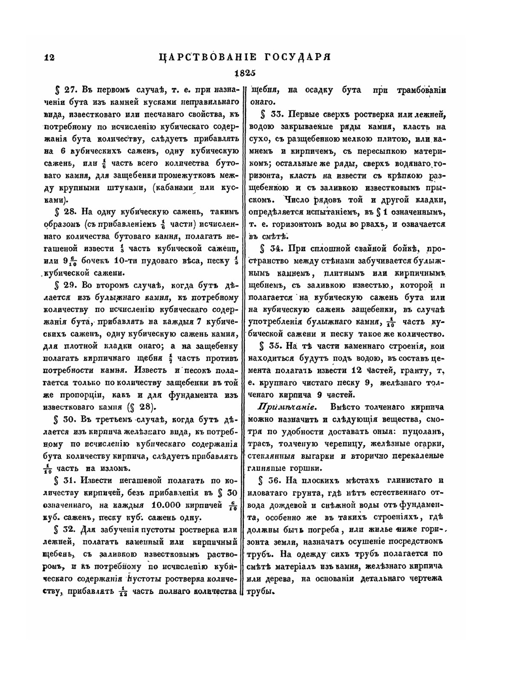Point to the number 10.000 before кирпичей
pos(168,505)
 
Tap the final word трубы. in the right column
pos(260,590)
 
